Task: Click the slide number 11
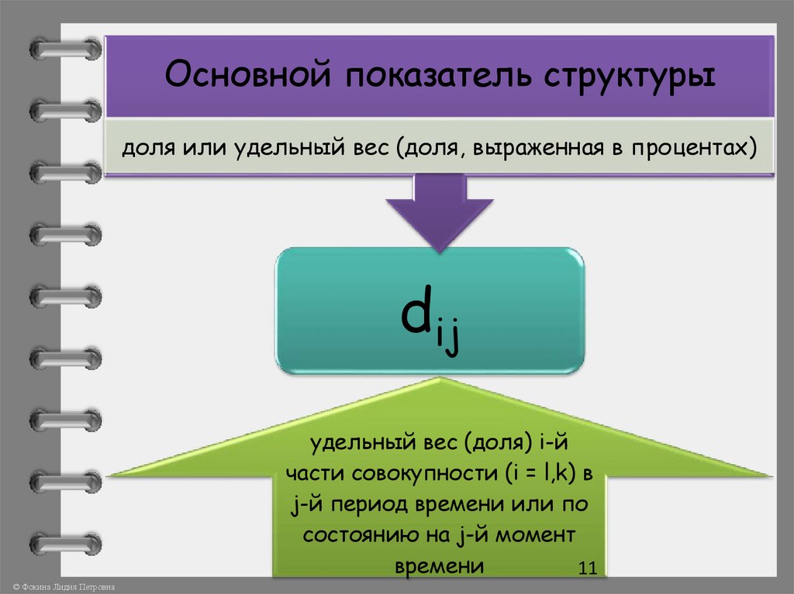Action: (x=586, y=569)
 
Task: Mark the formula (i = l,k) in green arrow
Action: (x=517, y=474)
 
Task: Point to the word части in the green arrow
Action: (x=308, y=474)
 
